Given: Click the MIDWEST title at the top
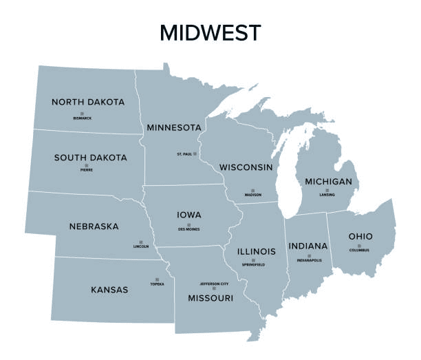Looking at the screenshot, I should (210, 32).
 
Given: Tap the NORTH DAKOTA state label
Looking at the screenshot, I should (88, 102).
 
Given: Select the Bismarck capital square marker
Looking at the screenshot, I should (82, 113).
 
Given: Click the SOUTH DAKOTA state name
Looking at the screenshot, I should (90, 158).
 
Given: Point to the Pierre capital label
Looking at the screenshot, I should (86, 171).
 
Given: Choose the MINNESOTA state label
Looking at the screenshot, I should (173, 127).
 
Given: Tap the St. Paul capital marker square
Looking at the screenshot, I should (195, 153).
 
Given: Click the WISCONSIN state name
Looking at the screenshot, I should (246, 167).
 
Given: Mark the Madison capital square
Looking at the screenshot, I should (252, 190).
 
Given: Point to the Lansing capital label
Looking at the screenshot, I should (327, 195).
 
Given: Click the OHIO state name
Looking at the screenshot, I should (360, 236).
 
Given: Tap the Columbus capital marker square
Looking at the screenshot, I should (359, 246).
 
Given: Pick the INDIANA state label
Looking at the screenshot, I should (307, 246).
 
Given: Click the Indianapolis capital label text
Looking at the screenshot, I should (309, 261).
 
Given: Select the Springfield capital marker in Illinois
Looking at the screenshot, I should (252, 260).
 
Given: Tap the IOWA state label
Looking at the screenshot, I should (188, 215).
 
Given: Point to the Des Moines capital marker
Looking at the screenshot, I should (188, 225).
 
